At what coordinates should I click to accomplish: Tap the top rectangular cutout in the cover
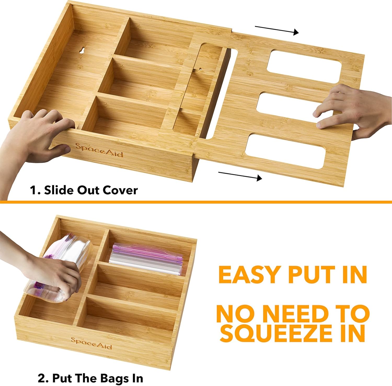(304, 64)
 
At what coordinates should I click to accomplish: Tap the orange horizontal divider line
(196, 202)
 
